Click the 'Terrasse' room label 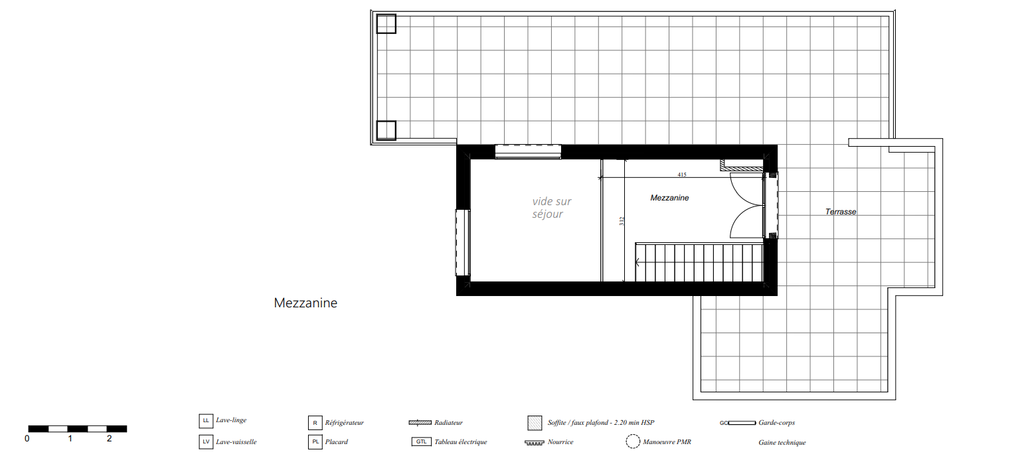tap(841, 212)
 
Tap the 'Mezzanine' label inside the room tap(669, 198)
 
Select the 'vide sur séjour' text tap(552, 208)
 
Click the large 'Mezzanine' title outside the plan tap(305, 303)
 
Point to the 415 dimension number tap(682, 175)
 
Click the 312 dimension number tap(622, 221)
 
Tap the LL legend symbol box tap(206, 421)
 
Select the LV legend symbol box tap(206, 442)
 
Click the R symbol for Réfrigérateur tap(315, 423)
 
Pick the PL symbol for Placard tap(315, 442)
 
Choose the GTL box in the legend tap(422, 441)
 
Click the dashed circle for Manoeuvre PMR tap(633, 441)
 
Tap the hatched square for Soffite tap(535, 423)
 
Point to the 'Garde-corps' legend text tap(777, 423)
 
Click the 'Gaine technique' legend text tap(782, 443)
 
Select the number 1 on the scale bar tap(70, 438)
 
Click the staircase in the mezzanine tap(699, 262)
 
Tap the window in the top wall tap(528, 151)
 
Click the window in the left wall tap(463, 242)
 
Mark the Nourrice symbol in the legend tap(534, 443)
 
